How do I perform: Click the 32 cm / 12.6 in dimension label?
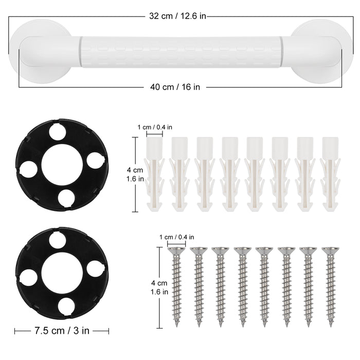coord(177,16)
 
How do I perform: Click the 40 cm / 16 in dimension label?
coord(175,87)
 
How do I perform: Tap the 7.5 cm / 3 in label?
coord(62,331)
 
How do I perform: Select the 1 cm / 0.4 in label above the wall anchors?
coord(155,127)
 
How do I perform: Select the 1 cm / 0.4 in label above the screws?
coord(176,237)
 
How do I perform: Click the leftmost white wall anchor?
coord(154,174)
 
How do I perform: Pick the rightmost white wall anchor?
coord(330,174)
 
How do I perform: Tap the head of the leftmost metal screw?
coord(176,250)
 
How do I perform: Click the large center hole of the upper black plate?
coord(62,165)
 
